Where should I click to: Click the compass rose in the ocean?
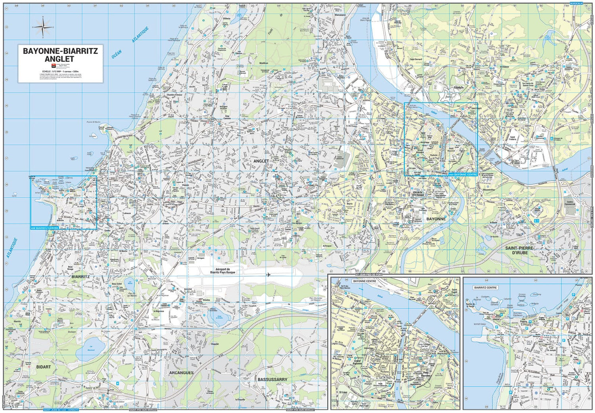tap(43, 27)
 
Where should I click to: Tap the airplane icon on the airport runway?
tap(268, 275)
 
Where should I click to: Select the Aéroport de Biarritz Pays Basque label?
tap(223, 271)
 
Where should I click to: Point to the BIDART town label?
tap(44, 367)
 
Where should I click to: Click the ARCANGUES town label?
tap(181, 373)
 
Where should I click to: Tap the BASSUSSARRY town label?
tap(272, 380)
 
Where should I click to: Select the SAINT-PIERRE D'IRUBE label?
tap(519, 250)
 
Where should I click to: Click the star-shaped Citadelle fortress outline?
tap(448, 95)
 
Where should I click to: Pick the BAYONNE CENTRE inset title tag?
tap(364, 281)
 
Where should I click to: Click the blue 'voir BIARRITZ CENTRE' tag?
tap(44, 228)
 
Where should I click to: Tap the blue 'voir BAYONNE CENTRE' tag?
tap(463, 174)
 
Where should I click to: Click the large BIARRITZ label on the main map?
tap(81, 277)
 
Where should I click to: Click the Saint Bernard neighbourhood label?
tap(416, 60)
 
